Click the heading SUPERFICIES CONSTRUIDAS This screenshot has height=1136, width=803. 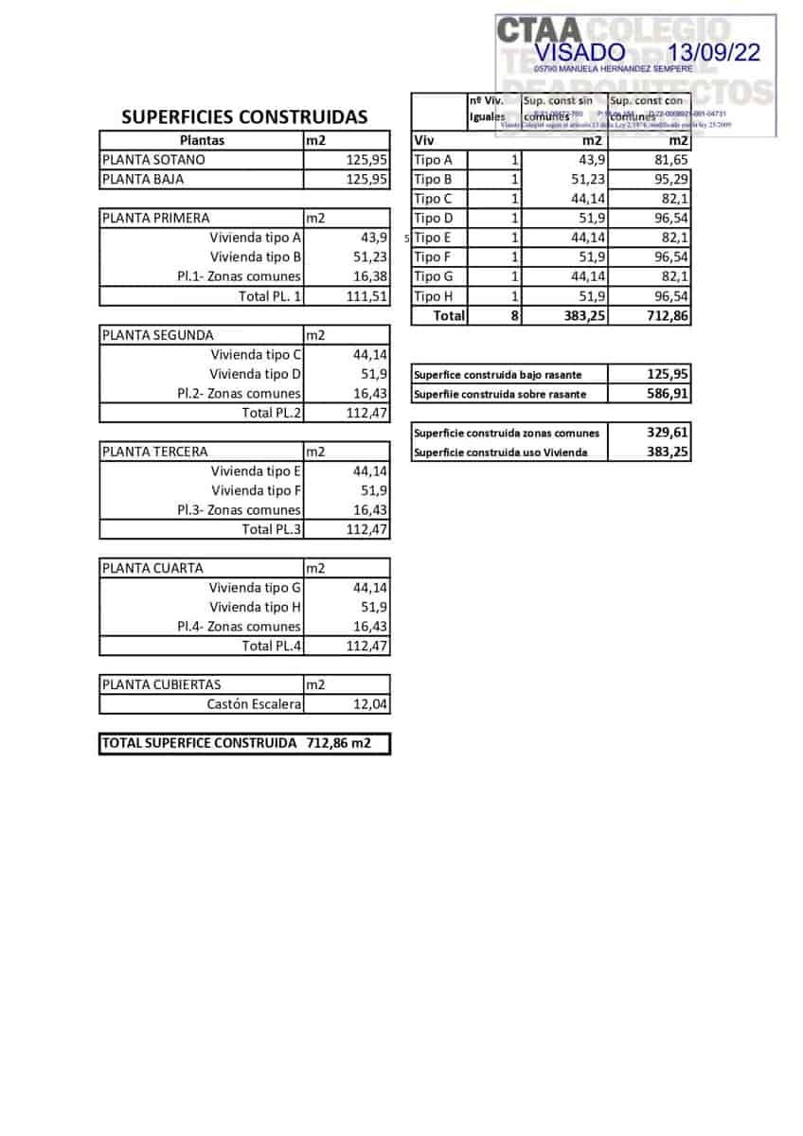pyautogui.click(x=244, y=117)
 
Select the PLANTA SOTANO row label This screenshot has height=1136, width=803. pyautogui.click(x=153, y=160)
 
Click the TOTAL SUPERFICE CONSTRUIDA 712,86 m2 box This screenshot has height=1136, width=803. pyautogui.click(x=244, y=744)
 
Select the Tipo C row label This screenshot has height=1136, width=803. pyautogui.click(x=434, y=199)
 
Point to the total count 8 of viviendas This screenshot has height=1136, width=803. pyautogui.click(x=514, y=316)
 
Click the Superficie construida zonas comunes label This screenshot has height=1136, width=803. pyautogui.click(x=507, y=433)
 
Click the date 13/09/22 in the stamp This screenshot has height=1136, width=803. pyautogui.click(x=713, y=53)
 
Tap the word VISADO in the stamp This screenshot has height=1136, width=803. pyautogui.click(x=580, y=53)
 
